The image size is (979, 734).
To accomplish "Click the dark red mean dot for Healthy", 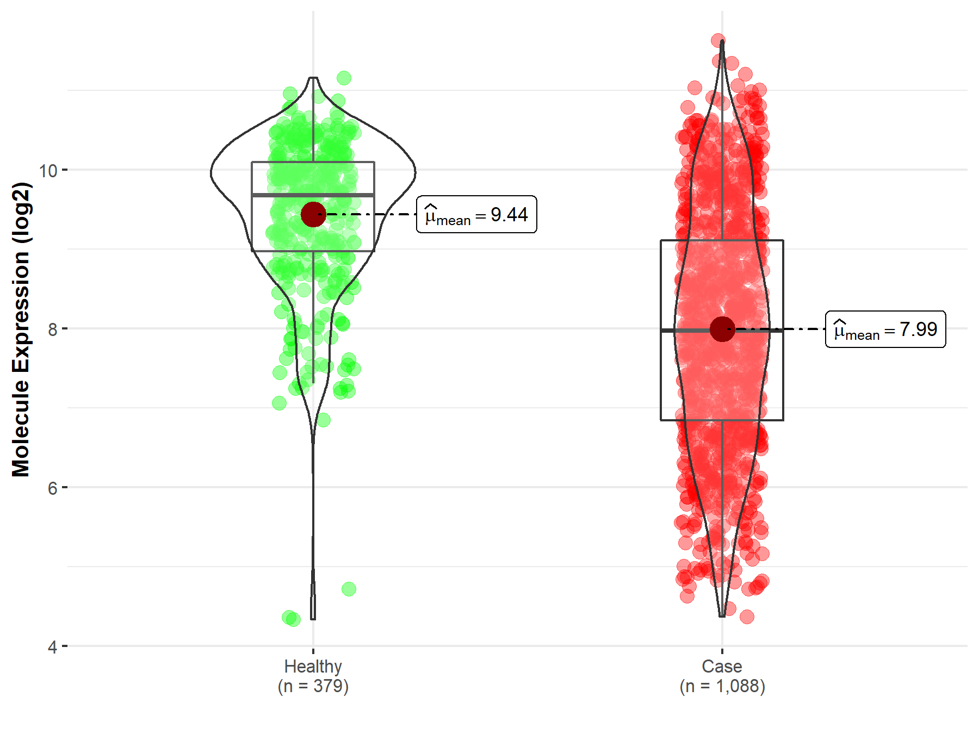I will [x=313, y=214].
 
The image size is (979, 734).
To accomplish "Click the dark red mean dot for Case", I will [x=722, y=329].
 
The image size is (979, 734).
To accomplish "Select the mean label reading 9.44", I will [x=476, y=215].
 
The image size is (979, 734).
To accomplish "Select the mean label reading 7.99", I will [x=885, y=329].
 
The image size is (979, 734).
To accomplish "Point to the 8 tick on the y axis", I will [x=52, y=329].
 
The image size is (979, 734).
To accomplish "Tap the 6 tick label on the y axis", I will [x=52, y=488].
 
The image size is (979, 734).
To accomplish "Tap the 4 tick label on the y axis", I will [x=52, y=647].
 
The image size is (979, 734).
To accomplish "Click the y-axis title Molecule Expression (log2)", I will [x=21, y=329].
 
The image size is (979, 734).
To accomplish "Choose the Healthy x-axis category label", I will [x=313, y=666].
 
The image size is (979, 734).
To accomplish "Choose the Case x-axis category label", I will [x=722, y=666].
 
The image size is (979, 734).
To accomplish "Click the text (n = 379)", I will [x=313, y=686].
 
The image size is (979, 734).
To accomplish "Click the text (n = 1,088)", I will [x=722, y=686].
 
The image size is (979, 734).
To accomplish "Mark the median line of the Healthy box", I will [x=313, y=194].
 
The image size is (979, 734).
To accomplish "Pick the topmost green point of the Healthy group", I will [x=344, y=78].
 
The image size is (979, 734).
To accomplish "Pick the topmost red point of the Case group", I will [x=718, y=41].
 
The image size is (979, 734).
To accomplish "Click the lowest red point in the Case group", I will [x=747, y=617].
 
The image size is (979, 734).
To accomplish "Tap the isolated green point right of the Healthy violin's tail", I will [x=349, y=589].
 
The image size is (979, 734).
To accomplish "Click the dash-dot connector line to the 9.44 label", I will [x=370, y=214].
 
